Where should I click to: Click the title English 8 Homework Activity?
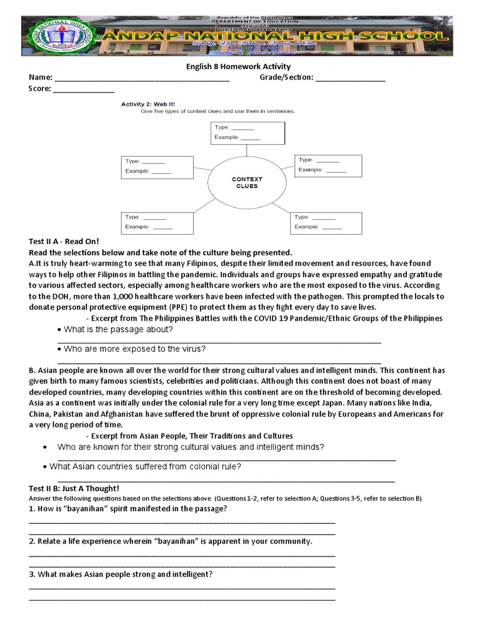(238, 66)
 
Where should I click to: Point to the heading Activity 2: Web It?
(145, 104)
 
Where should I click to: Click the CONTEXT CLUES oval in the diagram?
(247, 182)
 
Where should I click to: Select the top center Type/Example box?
(247, 132)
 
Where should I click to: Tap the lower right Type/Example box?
(325, 222)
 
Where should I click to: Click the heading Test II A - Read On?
(64, 241)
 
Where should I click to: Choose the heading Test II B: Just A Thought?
(74, 488)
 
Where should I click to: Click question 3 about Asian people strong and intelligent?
(120, 575)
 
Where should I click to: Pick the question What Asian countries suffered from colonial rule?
(145, 466)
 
